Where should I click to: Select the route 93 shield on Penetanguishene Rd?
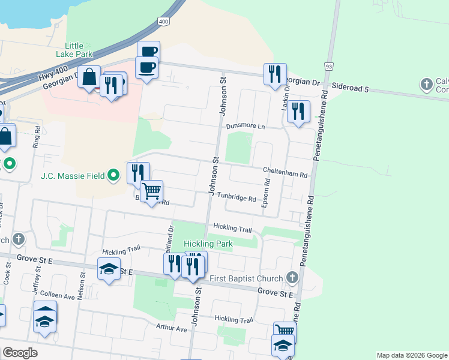pos(328,65)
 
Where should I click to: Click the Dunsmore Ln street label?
pos(246,126)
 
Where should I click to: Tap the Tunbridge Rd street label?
pos(237,198)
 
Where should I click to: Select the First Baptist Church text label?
pos(246,278)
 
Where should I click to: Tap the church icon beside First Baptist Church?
pos(292,277)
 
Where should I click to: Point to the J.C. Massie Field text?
pos(73,176)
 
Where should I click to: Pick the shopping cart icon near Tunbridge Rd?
pos(152,191)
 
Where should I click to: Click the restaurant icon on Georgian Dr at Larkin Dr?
pos(275,74)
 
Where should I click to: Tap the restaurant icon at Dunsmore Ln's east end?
pos(298,111)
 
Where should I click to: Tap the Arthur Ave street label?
pos(172,328)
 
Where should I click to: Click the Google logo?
pos(20,353)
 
